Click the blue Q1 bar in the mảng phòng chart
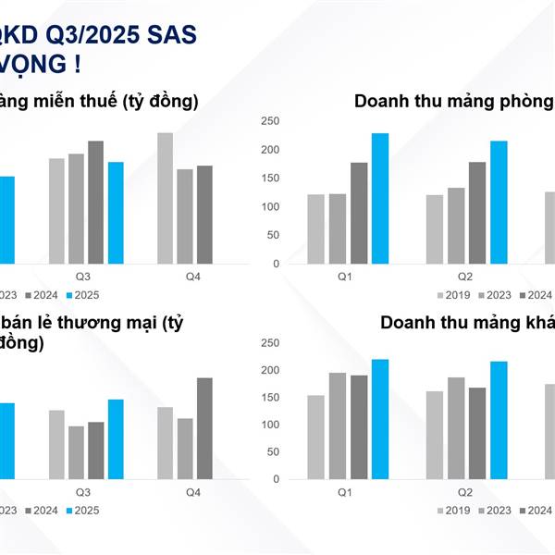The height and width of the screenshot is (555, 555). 379,198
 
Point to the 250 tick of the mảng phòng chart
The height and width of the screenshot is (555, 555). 270,121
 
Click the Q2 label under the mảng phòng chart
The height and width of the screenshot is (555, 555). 464,277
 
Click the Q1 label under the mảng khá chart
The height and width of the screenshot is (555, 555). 345,492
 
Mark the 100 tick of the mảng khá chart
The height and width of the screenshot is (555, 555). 270,425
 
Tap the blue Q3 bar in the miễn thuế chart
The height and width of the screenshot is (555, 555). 116,213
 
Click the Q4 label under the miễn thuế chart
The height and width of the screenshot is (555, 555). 193,277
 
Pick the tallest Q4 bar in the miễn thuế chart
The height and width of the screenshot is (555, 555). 165,198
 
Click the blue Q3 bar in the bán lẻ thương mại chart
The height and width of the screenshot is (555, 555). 116,438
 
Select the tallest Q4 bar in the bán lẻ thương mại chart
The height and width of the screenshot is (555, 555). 204,427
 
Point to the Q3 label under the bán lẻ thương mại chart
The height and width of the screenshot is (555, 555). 83,492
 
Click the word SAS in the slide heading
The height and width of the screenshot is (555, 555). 167,34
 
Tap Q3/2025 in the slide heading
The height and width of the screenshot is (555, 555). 87,34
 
